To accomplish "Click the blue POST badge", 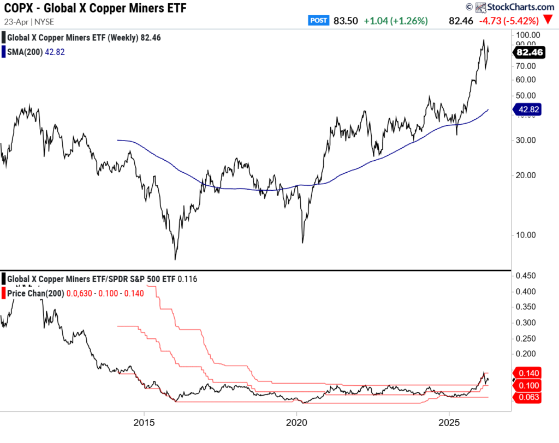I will point(318,21).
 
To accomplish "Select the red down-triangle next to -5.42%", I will point(548,21).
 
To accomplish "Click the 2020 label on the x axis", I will point(296,422).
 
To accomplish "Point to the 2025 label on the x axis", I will point(449,422).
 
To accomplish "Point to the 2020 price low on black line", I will point(302,242).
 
